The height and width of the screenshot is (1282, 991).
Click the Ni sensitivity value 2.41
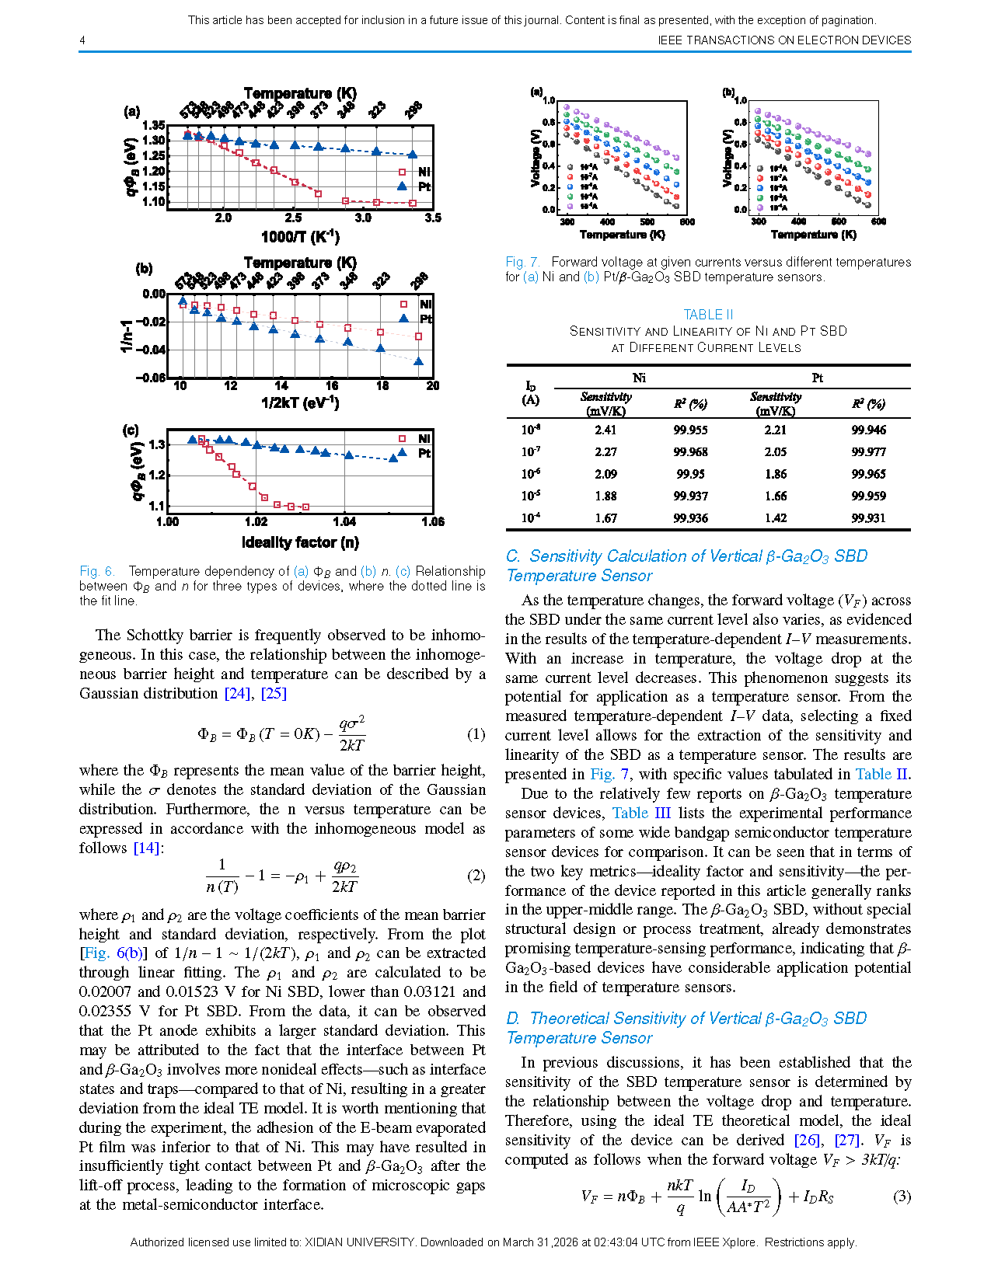(x=605, y=430)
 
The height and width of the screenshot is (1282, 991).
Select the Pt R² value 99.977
(x=868, y=452)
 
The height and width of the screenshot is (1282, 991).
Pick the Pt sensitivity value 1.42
(x=775, y=518)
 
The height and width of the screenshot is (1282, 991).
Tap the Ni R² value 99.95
(x=690, y=474)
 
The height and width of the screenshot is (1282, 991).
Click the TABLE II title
(x=708, y=315)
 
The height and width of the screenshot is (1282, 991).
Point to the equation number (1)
(x=476, y=734)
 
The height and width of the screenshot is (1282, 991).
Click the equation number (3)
(x=902, y=1197)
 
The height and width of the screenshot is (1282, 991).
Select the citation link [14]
(x=147, y=848)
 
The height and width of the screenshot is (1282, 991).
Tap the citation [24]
(x=237, y=694)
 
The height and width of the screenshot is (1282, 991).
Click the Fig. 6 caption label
(x=97, y=571)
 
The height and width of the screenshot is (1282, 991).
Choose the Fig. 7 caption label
(x=522, y=263)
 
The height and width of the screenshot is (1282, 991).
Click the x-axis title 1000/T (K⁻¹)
(x=300, y=236)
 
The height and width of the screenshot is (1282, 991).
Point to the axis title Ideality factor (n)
(x=300, y=542)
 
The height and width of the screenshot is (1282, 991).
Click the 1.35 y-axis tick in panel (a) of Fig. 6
(x=154, y=125)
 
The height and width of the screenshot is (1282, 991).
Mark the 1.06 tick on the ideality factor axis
(x=432, y=522)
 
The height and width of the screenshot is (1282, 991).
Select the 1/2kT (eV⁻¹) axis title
(x=300, y=402)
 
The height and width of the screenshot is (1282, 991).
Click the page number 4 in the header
(x=82, y=40)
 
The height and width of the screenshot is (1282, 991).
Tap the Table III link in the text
(x=641, y=813)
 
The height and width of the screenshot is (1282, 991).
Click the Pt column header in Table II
(x=818, y=378)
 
